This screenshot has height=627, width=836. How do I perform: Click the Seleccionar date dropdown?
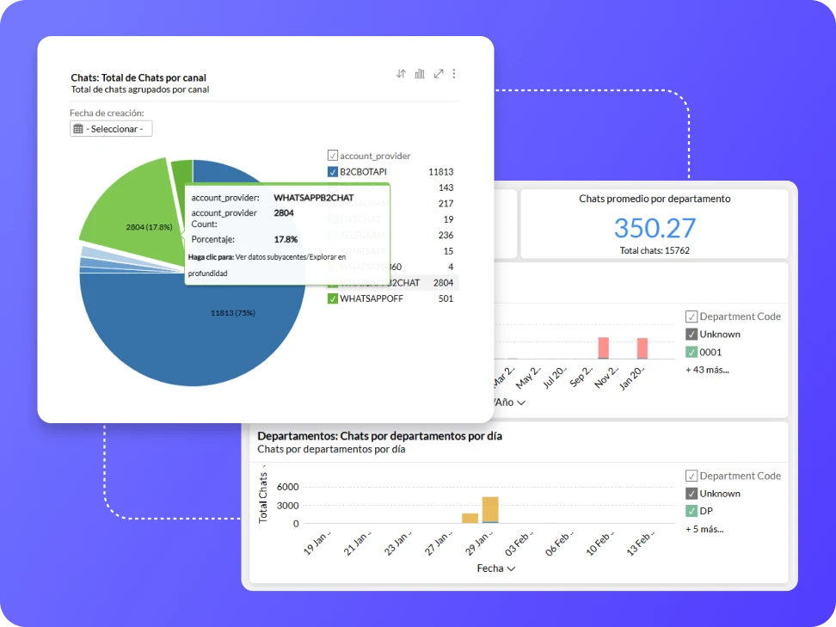tap(111, 129)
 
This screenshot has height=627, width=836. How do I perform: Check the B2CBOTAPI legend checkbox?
tap(333, 172)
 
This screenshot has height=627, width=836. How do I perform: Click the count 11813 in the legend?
tap(440, 172)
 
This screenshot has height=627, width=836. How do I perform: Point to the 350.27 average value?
tap(654, 228)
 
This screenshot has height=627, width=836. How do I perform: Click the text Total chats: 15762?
tap(654, 250)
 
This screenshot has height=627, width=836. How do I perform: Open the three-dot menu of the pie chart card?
tap(454, 74)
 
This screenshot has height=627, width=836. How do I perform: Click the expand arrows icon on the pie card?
tap(438, 74)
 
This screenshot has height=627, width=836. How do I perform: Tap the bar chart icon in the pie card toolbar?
tap(419, 74)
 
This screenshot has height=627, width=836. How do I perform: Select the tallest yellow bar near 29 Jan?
tap(490, 509)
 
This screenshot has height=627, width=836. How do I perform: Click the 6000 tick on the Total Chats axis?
tap(288, 487)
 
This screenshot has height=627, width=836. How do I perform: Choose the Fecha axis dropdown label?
tap(496, 569)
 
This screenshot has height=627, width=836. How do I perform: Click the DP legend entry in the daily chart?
tap(705, 511)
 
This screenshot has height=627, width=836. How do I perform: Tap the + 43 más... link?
tap(707, 370)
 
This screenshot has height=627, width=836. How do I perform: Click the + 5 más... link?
tap(704, 529)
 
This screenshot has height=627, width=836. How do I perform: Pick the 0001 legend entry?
tap(710, 352)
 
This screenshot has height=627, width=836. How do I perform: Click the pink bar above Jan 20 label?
tap(642, 347)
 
